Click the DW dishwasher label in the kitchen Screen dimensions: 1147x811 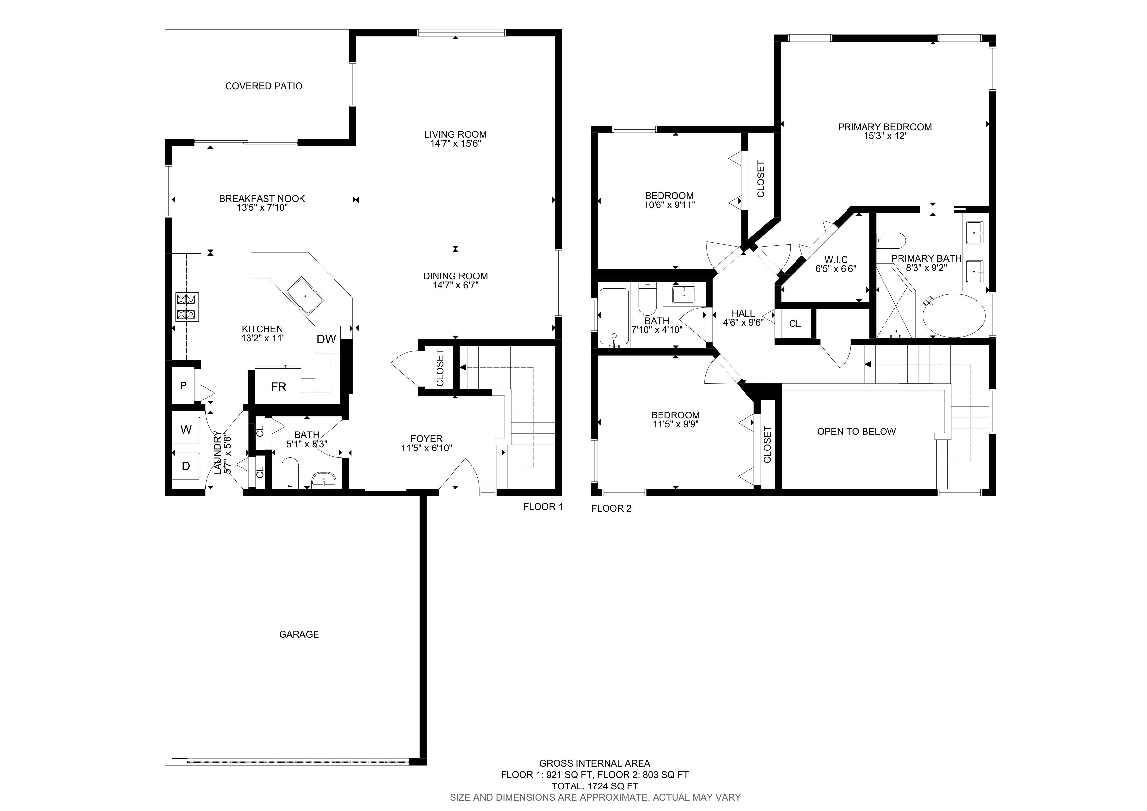pyautogui.click(x=326, y=339)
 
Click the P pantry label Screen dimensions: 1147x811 pyautogui.click(x=183, y=385)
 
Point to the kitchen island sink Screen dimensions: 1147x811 pyautogui.click(x=305, y=295)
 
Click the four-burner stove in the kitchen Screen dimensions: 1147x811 pyautogui.click(x=187, y=306)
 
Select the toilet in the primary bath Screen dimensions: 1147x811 pyautogui.click(x=891, y=240)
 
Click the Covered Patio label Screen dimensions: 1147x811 pyautogui.click(x=264, y=86)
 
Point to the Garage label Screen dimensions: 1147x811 pyautogui.click(x=299, y=634)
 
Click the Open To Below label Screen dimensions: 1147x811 pyautogui.click(x=856, y=431)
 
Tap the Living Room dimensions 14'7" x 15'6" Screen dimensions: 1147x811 pyautogui.click(x=455, y=143)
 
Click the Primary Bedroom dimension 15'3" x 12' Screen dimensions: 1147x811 pyautogui.click(x=885, y=136)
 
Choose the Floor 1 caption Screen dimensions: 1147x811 pyautogui.click(x=543, y=507)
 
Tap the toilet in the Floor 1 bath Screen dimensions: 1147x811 pyautogui.click(x=290, y=472)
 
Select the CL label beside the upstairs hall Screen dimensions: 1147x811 pyautogui.click(x=795, y=323)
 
